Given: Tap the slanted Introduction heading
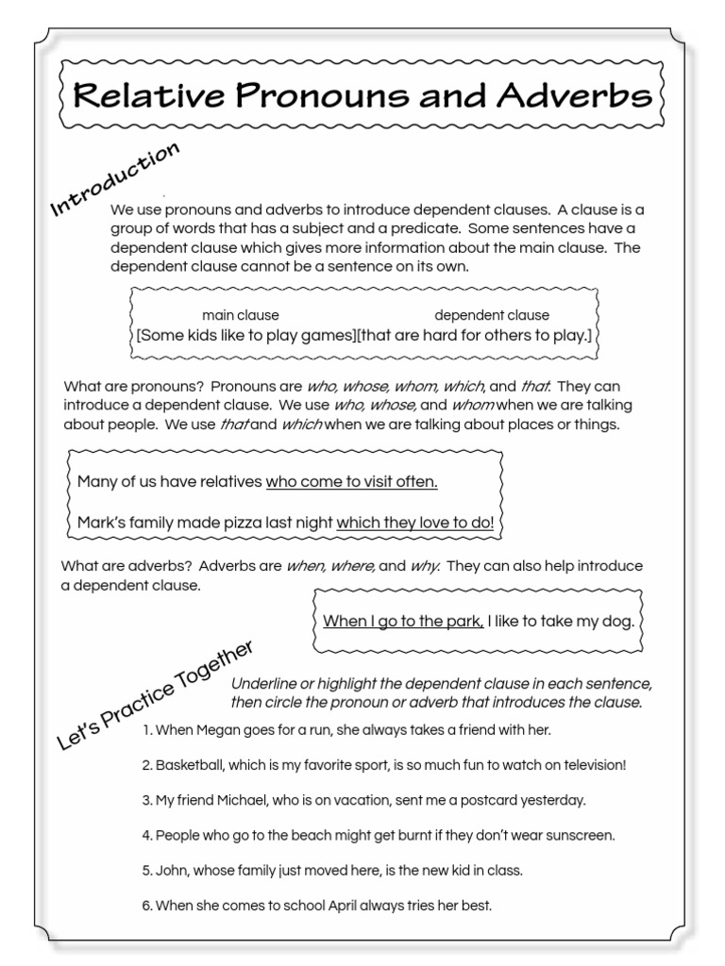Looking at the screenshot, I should pyautogui.click(x=114, y=180).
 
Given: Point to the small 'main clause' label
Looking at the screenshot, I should pyautogui.click(x=240, y=315).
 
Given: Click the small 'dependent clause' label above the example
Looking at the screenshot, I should pyautogui.click(x=491, y=315).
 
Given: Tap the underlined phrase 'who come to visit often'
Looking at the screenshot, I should pyautogui.click(x=351, y=482).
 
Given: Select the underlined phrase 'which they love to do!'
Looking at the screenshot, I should pyautogui.click(x=415, y=523).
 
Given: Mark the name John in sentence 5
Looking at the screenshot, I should pyautogui.click(x=171, y=870).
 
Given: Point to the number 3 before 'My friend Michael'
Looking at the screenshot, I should pyautogui.click(x=146, y=800).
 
